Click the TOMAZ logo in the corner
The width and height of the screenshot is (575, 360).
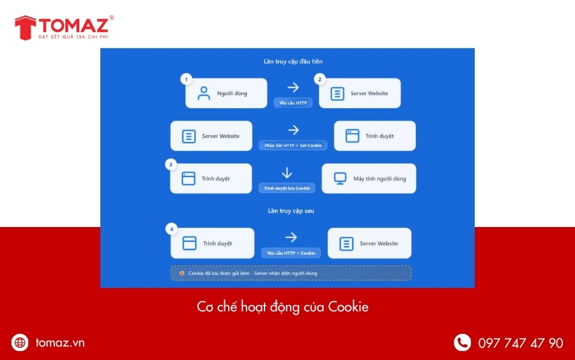[x=64, y=27]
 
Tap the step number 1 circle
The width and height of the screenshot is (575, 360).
[x=187, y=79]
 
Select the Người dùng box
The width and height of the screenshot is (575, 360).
[x=226, y=93]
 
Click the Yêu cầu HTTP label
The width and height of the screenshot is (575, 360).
[x=293, y=102]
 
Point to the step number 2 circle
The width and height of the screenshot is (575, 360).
[x=320, y=79]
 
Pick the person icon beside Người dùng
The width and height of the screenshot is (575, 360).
[x=204, y=93]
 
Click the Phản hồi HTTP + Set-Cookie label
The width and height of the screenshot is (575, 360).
[x=293, y=145]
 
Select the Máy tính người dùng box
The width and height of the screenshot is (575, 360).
[x=369, y=178]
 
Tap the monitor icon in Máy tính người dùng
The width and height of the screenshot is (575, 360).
[x=340, y=178]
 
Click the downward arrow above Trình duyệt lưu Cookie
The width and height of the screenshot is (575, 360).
[x=287, y=173]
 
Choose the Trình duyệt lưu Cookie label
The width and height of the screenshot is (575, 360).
[x=287, y=188]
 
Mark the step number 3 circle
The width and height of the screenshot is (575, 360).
[x=171, y=164]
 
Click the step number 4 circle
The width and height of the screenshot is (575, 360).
[x=171, y=228]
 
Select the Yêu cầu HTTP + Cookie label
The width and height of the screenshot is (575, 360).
[x=291, y=253]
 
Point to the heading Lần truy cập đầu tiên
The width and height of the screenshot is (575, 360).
[x=287, y=62]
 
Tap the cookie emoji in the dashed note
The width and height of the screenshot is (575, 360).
[x=182, y=273]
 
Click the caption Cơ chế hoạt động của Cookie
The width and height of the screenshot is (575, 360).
[x=282, y=307]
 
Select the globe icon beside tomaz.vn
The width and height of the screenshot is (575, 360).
[x=20, y=343]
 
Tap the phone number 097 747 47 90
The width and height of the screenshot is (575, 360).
[x=521, y=343]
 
